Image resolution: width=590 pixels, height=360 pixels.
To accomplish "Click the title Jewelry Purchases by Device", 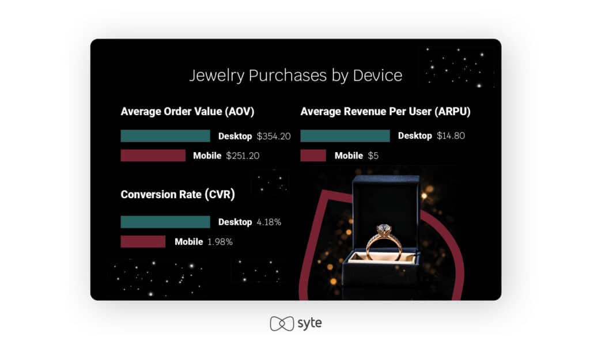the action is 296,75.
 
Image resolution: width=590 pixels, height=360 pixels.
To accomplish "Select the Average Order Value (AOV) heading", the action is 187,111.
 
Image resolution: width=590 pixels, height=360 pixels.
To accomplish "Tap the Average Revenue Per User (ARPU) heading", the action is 385,111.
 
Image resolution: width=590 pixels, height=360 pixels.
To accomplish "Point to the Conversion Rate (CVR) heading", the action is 177,195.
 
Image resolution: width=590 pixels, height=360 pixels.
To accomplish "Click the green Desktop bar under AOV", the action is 165,136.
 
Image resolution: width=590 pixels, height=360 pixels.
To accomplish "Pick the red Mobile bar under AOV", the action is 153,156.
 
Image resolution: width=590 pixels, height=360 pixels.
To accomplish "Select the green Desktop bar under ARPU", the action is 345,136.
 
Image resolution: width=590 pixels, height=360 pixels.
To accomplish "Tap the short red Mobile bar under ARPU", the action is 313,156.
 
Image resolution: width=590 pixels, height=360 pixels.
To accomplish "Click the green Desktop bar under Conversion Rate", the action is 165,222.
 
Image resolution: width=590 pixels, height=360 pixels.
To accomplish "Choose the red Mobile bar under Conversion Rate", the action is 143,241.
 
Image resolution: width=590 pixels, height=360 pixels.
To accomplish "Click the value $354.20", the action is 274,136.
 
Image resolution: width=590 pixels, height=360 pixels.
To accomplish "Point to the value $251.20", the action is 243,156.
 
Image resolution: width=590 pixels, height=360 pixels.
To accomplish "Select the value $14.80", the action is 451,136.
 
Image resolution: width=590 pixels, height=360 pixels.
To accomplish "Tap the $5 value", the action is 373,156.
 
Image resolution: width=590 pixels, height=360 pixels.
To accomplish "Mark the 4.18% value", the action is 268,222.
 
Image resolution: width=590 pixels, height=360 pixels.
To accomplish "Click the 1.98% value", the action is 220,242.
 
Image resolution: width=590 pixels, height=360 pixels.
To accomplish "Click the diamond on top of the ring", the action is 384,229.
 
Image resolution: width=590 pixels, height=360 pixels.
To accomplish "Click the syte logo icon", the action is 282,324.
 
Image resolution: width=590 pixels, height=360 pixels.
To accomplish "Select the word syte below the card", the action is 309,323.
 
